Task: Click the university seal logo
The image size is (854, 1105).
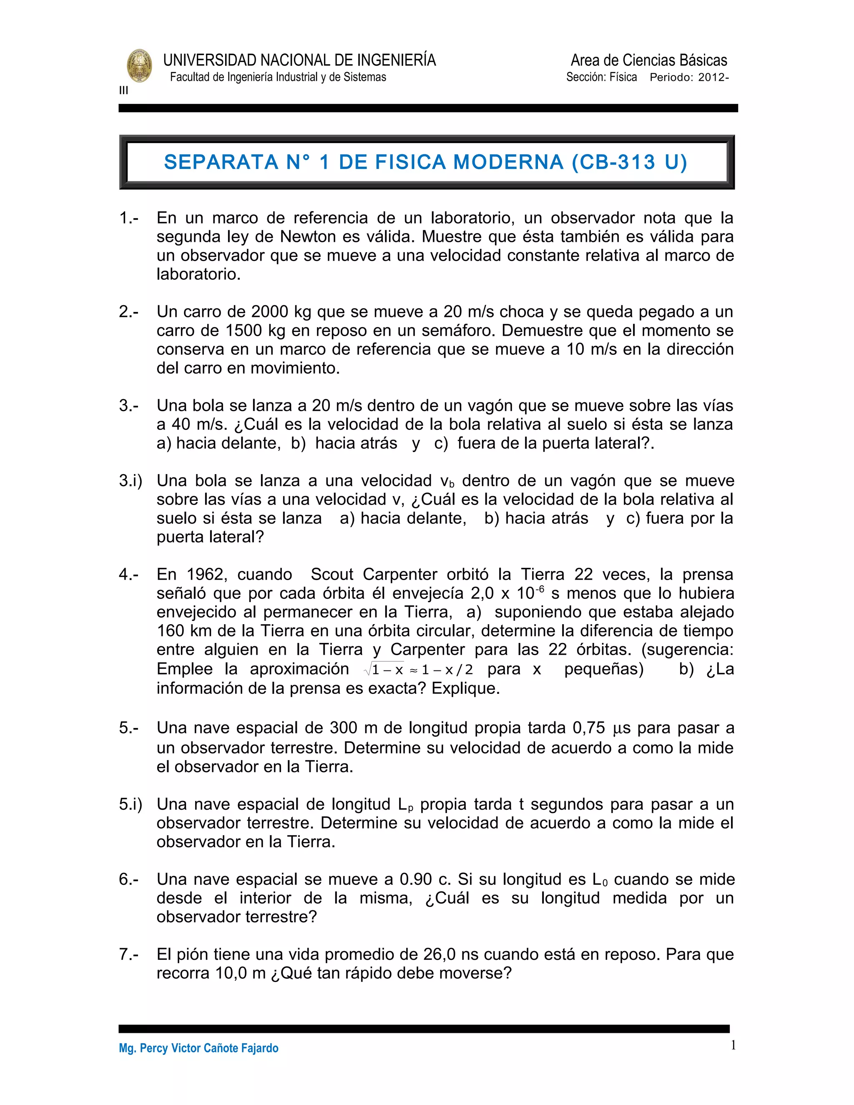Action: [139, 66]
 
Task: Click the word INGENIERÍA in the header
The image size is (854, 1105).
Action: [396, 60]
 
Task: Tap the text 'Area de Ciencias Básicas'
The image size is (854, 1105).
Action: [648, 60]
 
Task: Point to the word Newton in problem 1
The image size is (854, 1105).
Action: [308, 237]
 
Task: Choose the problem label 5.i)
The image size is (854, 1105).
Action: [131, 804]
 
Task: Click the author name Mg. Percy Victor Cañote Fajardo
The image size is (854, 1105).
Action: [198, 1048]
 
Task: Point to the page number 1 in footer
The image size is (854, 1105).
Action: [733, 1045]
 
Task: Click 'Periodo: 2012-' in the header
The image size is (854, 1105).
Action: [689, 78]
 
